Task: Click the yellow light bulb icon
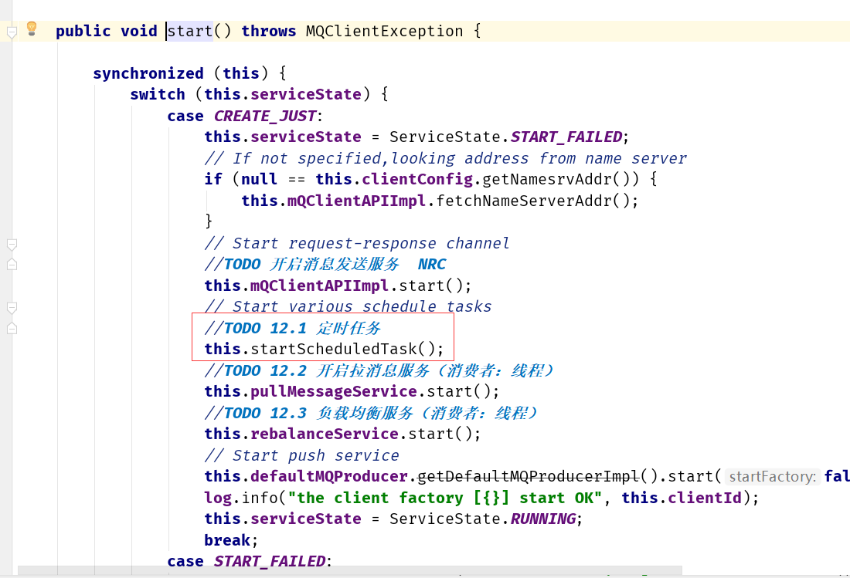point(32,28)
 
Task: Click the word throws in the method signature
point(268,31)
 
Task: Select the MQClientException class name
point(384,31)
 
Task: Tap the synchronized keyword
point(148,73)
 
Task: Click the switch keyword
point(157,94)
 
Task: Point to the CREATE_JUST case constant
point(264,116)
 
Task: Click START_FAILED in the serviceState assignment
point(566,137)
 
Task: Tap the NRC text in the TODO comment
point(431,264)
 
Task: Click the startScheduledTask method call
point(333,349)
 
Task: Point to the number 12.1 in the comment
point(288,328)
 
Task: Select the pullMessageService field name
point(333,391)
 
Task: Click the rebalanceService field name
point(325,434)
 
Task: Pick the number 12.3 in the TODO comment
point(288,413)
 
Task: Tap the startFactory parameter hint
point(772,476)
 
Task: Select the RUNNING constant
point(542,519)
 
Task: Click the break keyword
point(227,540)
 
